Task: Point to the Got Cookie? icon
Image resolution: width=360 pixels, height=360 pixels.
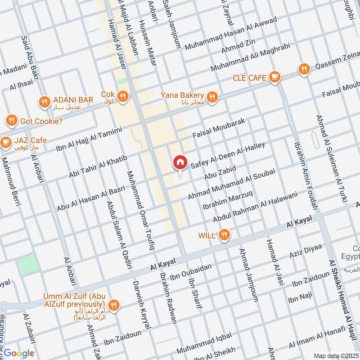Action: click(x=12, y=121)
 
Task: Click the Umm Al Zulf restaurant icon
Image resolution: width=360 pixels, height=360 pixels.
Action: click(x=115, y=305)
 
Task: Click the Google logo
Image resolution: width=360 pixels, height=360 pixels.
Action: click(x=19, y=353)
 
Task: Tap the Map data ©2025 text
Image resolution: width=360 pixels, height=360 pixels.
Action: click(x=335, y=355)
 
